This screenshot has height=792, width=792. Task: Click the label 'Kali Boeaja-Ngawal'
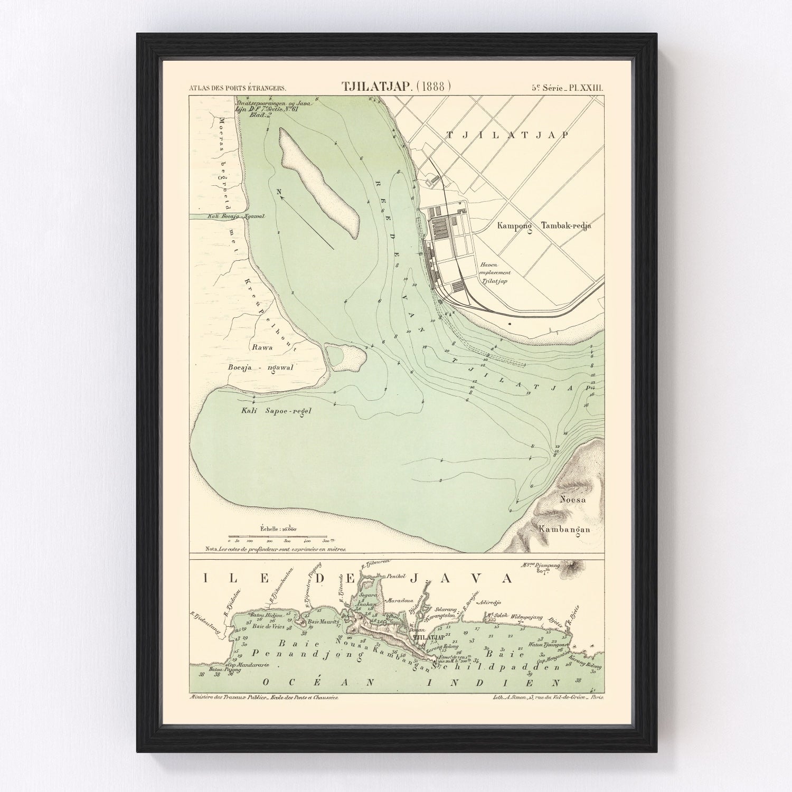click(228, 216)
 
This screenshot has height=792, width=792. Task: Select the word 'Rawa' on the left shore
click(262, 347)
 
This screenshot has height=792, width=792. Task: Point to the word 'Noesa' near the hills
click(572, 498)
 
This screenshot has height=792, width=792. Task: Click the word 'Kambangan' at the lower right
click(563, 529)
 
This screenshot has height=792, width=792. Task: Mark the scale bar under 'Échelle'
click(278, 537)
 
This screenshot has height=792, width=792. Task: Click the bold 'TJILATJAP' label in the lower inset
click(429, 637)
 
